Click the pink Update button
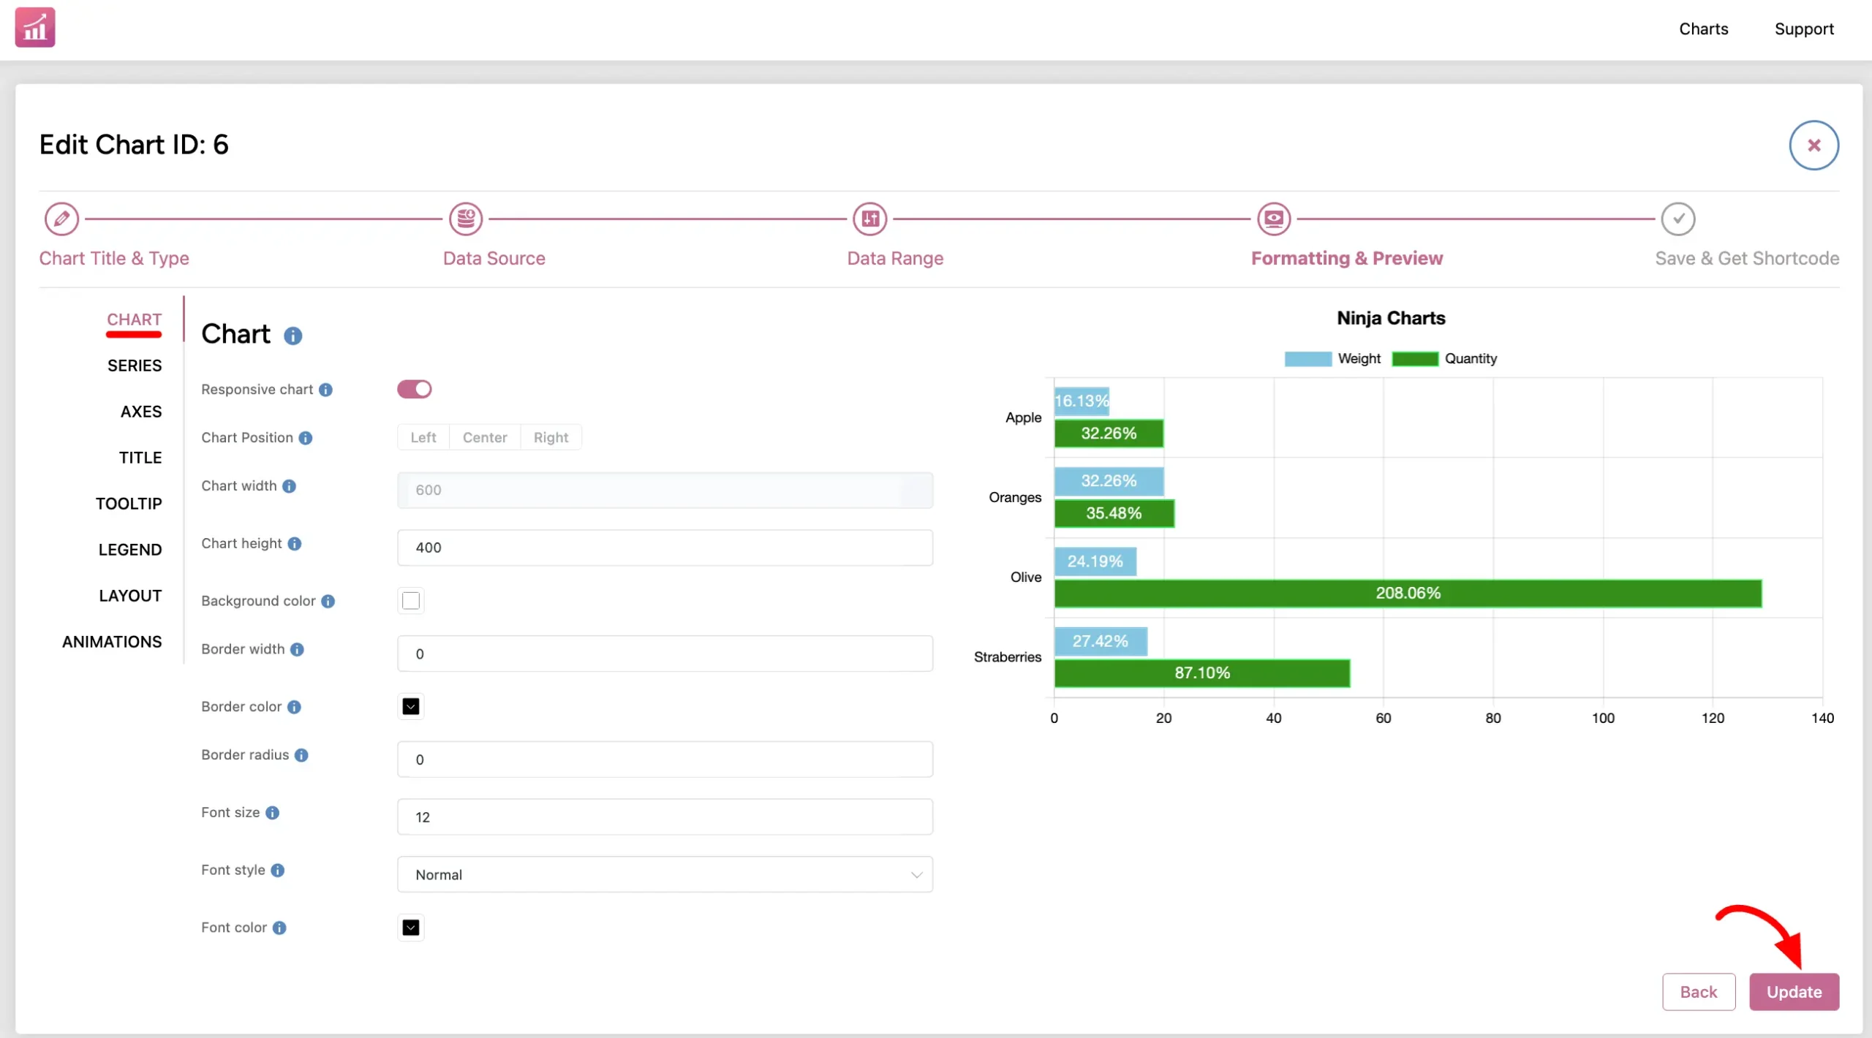tap(1794, 991)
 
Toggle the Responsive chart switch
tap(414, 389)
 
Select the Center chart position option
tap(485, 437)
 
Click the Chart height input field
tap(665, 548)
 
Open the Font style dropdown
tap(665, 874)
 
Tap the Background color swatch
tap(411, 600)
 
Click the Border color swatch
tap(411, 706)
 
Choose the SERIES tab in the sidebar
tap(135, 365)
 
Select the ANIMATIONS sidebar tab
tap(112, 642)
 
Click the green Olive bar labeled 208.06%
tap(1408, 593)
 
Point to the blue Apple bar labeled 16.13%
tap(1082, 401)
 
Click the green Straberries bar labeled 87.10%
tap(1202, 673)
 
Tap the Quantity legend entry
tap(1444, 359)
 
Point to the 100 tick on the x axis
tap(1603, 718)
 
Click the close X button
tap(1813, 145)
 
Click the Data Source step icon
tap(466, 219)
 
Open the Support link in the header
tap(1804, 29)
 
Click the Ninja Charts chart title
tap(1391, 318)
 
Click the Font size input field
tap(665, 817)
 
